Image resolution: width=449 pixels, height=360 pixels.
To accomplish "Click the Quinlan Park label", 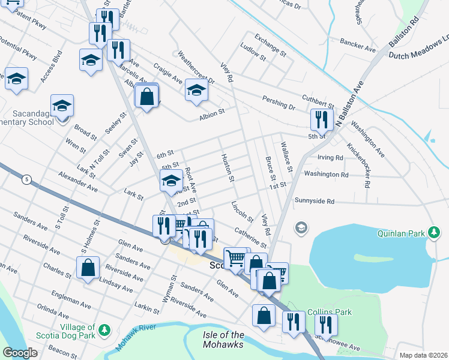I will point(400,232).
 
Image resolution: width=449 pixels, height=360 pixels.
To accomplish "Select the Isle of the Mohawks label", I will point(222,340).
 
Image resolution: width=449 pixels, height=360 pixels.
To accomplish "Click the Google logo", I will point(19,353).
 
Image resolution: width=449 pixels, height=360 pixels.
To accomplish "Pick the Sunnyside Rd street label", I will point(314,201).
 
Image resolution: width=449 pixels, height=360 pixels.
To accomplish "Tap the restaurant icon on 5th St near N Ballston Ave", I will point(322,119).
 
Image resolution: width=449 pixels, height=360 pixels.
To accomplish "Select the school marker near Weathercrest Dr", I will point(196,90).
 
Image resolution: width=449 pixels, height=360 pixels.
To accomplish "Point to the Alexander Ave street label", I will point(78,181).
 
